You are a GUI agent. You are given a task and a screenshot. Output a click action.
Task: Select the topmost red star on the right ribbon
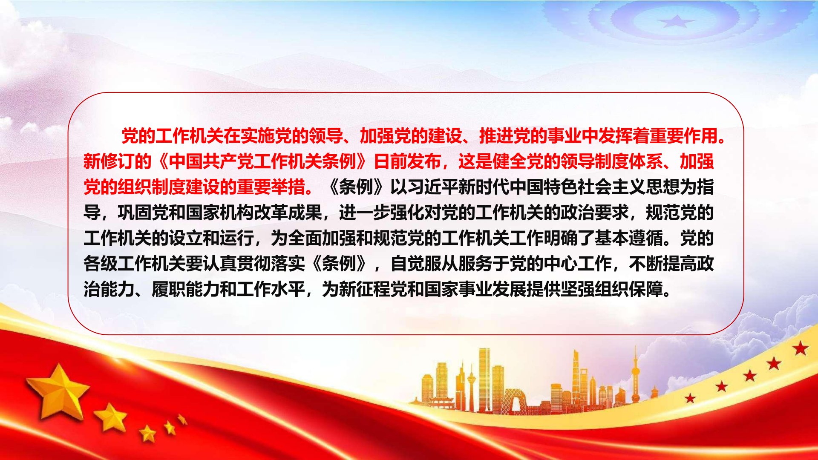click(x=801, y=348)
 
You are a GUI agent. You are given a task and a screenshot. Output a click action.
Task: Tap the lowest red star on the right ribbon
click(x=690, y=398)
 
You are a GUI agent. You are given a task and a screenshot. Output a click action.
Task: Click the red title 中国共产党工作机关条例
click(x=262, y=161)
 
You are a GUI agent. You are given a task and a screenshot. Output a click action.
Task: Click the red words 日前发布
click(x=407, y=161)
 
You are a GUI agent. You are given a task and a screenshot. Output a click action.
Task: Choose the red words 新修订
click(x=109, y=161)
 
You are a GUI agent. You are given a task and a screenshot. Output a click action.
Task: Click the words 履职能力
click(x=186, y=289)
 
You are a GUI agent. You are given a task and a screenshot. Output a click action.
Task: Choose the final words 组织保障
click(x=629, y=289)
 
